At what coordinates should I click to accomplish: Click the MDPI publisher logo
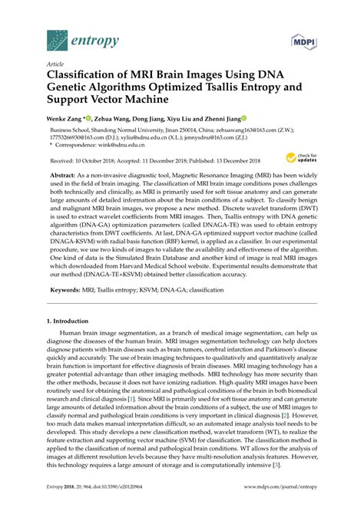[x=305, y=37]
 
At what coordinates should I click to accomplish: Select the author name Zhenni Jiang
[x=219, y=119]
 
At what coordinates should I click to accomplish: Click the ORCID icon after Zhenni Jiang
[x=243, y=119]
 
